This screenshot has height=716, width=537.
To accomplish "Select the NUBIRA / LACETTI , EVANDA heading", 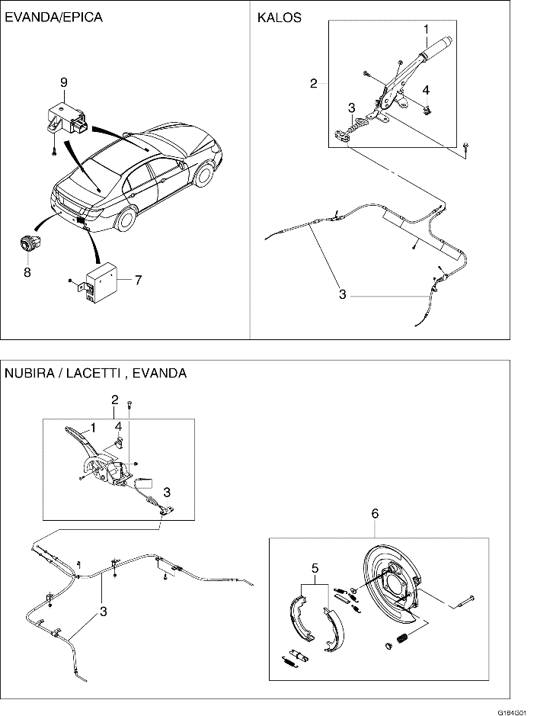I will pyautogui.click(x=95, y=374).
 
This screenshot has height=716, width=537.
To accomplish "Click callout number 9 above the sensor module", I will pyautogui.click(x=64, y=82).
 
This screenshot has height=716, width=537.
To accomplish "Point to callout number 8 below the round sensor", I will pyautogui.click(x=27, y=271).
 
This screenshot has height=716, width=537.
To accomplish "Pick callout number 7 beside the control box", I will pyautogui.click(x=138, y=280).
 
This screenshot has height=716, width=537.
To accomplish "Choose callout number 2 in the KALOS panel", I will pyautogui.click(x=313, y=84).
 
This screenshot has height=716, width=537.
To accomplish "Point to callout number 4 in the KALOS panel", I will pyautogui.click(x=426, y=90).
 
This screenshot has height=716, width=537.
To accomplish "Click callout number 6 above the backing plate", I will pyautogui.click(x=375, y=514).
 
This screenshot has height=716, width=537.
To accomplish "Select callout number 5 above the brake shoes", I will pyautogui.click(x=315, y=567).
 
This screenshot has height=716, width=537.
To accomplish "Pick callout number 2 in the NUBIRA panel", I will pyautogui.click(x=114, y=399).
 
